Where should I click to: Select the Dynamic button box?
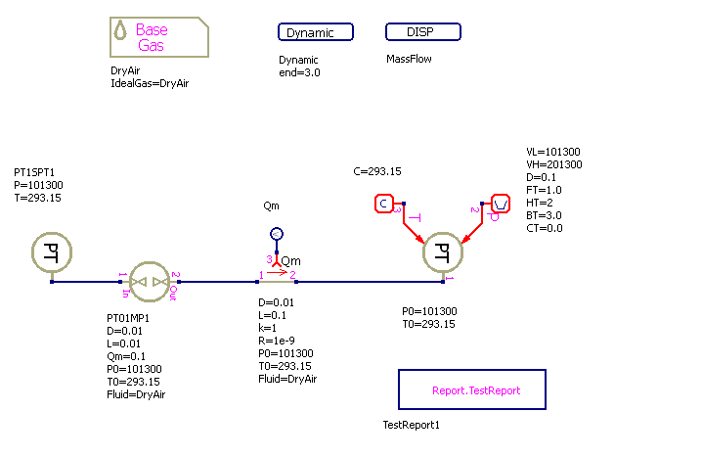point(316,32)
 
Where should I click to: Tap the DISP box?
point(422,32)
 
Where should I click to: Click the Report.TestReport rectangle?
point(471,389)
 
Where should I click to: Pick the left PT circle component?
point(51,253)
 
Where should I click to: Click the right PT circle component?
point(442,253)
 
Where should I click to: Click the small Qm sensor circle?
point(277,234)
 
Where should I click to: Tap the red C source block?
point(384,204)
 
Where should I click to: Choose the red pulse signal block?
point(500,204)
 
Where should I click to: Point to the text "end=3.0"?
point(299,72)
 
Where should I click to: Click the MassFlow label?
point(409,59)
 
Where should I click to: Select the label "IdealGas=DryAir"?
point(150,83)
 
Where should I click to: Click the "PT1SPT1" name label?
point(33,172)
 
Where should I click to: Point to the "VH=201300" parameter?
point(554,164)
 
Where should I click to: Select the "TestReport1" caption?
point(412,426)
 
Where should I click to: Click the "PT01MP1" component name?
point(128,318)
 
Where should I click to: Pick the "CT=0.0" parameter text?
point(545,228)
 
